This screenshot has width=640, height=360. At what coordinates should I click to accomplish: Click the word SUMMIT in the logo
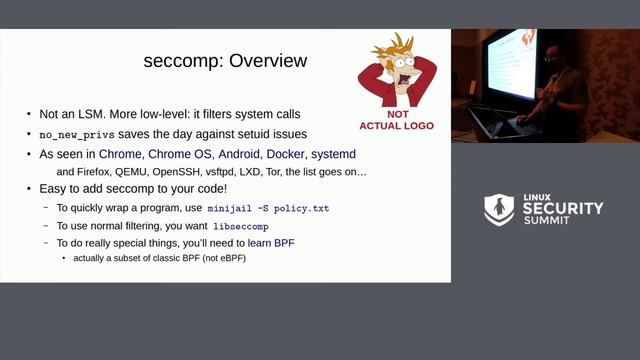[x=549, y=222]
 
